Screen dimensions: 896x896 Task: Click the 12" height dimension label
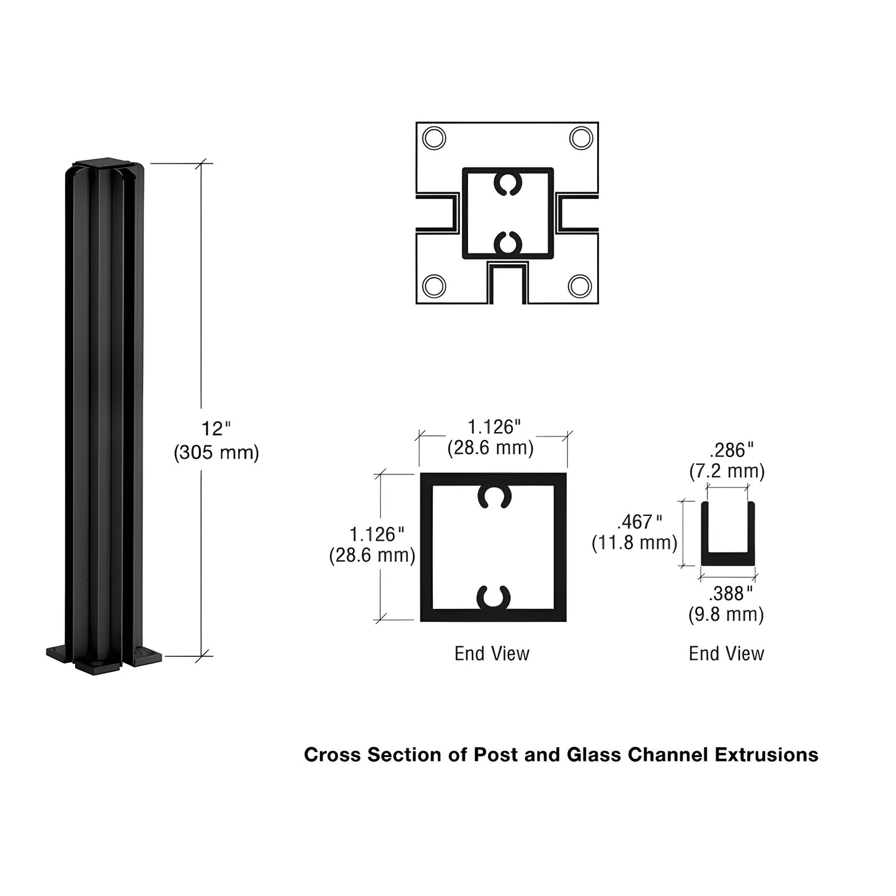pyautogui.click(x=215, y=429)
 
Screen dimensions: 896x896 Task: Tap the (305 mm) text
pyautogui.click(x=216, y=453)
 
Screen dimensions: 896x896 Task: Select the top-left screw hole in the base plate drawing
pyautogui.click(x=433, y=137)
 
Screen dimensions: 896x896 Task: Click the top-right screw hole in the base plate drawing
pyautogui.click(x=581, y=137)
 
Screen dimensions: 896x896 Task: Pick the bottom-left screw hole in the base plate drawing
pyautogui.click(x=433, y=286)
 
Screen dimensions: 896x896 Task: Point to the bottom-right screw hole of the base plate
pyautogui.click(x=580, y=286)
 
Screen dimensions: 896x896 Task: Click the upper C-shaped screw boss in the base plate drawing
pyautogui.click(x=508, y=184)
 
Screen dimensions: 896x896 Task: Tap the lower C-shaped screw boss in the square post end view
pyautogui.click(x=494, y=597)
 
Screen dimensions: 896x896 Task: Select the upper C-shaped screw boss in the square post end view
pyautogui.click(x=494, y=496)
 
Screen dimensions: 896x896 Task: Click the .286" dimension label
pyautogui.click(x=732, y=450)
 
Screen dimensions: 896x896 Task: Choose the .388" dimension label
pyautogui.click(x=731, y=594)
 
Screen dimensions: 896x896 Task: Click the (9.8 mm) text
pyautogui.click(x=726, y=615)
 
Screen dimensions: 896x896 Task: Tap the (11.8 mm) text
pyautogui.click(x=634, y=543)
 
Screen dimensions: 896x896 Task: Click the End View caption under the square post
pyautogui.click(x=492, y=654)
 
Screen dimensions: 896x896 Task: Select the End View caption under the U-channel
pyautogui.click(x=726, y=654)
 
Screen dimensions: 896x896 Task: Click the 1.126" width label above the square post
pyautogui.click(x=494, y=427)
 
